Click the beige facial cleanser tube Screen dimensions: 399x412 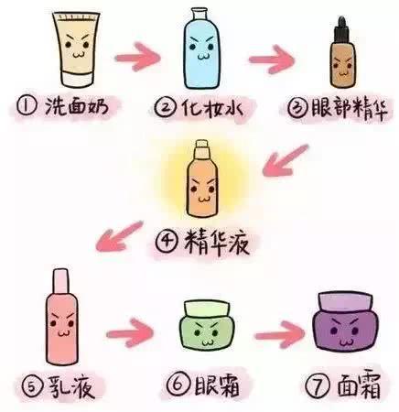click(x=76, y=49)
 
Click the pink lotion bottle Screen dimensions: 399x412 click(x=61, y=317)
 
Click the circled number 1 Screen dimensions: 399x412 click(x=27, y=106)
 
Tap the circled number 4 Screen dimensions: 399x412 click(x=167, y=242)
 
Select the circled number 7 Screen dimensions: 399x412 click(x=318, y=385)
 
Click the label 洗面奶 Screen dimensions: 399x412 click(x=77, y=106)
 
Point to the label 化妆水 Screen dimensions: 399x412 click(x=211, y=107)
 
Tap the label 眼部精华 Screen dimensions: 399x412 click(x=350, y=109)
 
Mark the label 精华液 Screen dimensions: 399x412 click(x=217, y=242)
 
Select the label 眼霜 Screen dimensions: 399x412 click(x=217, y=385)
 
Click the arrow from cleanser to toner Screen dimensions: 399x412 click(x=137, y=57)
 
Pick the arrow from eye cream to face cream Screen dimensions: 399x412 click(x=279, y=335)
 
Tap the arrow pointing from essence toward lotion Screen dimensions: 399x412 click(x=119, y=236)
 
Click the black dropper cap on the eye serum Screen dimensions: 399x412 click(x=341, y=30)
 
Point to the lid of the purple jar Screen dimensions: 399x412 click(x=345, y=302)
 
